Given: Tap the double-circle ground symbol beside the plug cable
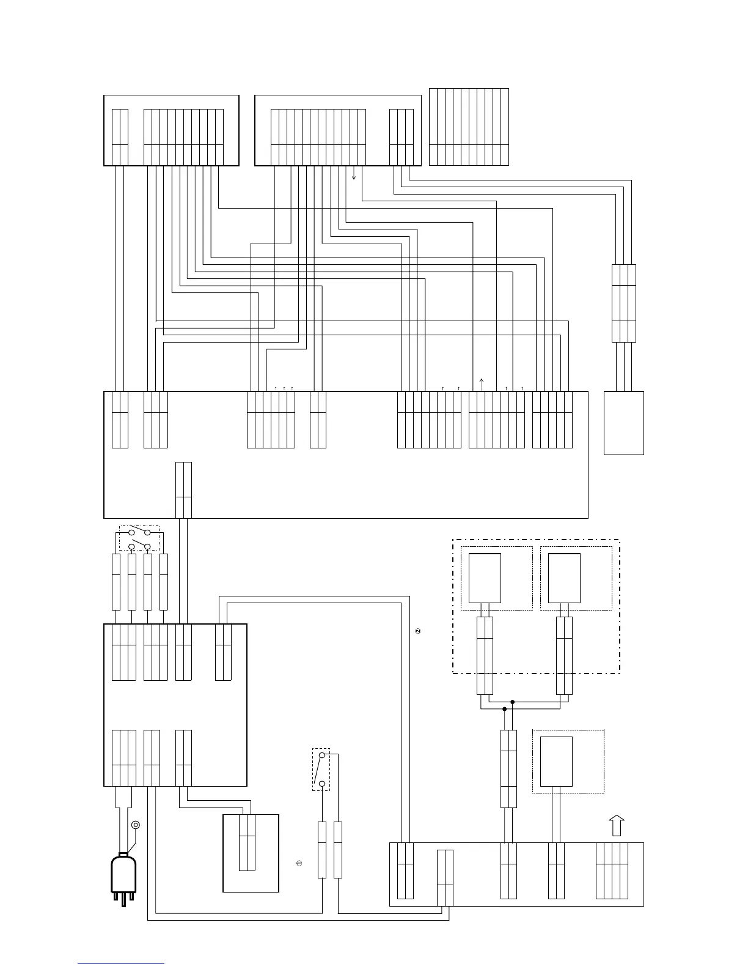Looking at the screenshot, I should (x=136, y=825).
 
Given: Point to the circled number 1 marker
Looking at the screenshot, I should (x=299, y=863).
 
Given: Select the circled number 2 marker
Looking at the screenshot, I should (x=419, y=631).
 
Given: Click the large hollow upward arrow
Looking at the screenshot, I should (x=617, y=825).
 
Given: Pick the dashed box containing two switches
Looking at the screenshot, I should (x=139, y=538).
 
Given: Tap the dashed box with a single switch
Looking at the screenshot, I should (x=321, y=769).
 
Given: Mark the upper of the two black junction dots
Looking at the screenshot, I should (x=513, y=702).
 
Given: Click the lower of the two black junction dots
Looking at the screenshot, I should (x=504, y=710).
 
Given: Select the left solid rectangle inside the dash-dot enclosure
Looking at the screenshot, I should (x=485, y=578).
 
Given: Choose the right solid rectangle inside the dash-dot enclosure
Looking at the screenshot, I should (x=565, y=578).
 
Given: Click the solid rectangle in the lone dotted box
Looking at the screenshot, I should (x=556, y=761).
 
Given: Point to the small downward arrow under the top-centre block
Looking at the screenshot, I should (x=354, y=176).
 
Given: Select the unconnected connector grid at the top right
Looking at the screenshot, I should (x=469, y=127).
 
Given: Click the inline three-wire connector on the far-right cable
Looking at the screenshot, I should (x=623, y=303).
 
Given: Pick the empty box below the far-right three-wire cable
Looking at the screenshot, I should (x=623, y=423).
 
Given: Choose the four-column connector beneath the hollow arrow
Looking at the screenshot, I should (x=612, y=871).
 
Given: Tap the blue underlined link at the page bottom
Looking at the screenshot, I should (x=121, y=963).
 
